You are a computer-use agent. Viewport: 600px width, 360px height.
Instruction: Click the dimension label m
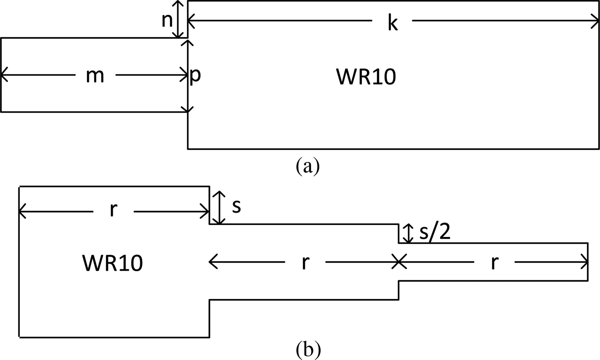coord(95,76)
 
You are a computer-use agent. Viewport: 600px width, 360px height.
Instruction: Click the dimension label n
coord(167,20)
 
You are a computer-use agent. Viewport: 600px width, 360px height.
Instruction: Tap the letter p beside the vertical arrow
coord(195,76)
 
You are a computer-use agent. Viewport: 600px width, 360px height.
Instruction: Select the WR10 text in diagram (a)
coord(366,76)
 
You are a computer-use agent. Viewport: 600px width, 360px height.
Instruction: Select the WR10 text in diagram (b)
coord(112,263)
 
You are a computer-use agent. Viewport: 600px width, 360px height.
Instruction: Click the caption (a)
coord(308,166)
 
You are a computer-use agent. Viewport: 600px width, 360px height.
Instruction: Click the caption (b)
coord(308,350)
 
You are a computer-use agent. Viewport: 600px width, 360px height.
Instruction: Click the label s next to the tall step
coord(237,207)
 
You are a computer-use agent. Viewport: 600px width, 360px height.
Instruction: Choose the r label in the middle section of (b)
coord(305,262)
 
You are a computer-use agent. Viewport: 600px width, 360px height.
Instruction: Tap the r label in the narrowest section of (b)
coord(494,262)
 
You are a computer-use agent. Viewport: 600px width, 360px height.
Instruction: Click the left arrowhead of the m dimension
coord(4,75)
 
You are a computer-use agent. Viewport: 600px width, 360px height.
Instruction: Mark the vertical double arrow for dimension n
coord(178,19)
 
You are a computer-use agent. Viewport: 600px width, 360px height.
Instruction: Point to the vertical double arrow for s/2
coord(409,234)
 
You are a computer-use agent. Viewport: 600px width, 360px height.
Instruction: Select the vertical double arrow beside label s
coord(219,207)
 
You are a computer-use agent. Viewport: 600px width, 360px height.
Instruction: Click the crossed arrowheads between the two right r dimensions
coord(399,262)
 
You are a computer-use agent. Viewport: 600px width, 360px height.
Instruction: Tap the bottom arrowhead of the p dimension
coord(188,109)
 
